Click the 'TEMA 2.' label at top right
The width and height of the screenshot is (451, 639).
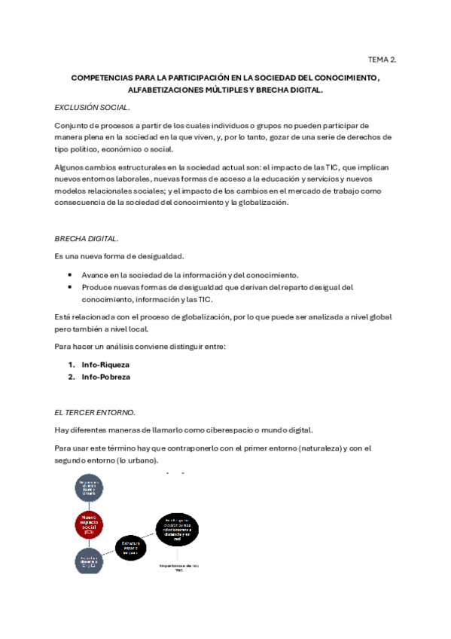381,58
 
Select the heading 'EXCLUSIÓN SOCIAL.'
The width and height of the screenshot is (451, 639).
87,107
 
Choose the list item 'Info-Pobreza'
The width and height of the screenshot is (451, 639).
105,377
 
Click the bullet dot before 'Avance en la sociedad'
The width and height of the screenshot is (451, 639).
70,275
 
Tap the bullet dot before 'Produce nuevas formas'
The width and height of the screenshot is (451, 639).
70,287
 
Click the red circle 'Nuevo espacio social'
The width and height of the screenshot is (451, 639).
89,524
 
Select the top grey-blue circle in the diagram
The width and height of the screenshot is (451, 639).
89,488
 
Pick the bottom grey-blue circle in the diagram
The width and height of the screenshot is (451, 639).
89,560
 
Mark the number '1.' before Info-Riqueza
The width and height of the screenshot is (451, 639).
72,365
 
